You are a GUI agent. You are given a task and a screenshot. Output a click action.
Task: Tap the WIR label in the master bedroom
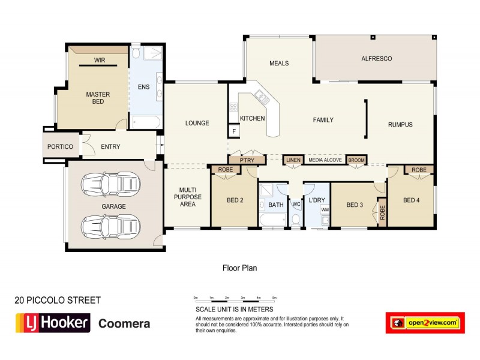100,60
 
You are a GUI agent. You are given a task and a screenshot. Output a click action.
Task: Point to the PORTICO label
61,147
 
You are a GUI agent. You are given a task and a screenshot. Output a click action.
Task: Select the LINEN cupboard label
293,160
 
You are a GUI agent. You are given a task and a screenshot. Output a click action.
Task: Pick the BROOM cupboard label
356,160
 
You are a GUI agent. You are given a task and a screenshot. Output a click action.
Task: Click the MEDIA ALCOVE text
325,160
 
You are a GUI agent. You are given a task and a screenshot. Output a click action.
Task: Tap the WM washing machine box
325,209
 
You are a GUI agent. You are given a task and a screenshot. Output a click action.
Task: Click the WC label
296,205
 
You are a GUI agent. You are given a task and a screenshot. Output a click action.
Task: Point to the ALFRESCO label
376,59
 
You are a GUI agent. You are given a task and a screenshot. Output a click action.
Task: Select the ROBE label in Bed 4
419,170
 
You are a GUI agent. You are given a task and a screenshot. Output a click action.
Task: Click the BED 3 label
355,205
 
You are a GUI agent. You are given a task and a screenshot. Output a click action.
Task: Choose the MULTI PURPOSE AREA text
187,197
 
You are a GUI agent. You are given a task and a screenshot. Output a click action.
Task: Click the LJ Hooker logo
52,323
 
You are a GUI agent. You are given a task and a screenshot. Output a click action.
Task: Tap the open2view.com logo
425,323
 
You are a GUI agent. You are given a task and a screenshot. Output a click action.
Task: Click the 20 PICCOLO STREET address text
57,300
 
